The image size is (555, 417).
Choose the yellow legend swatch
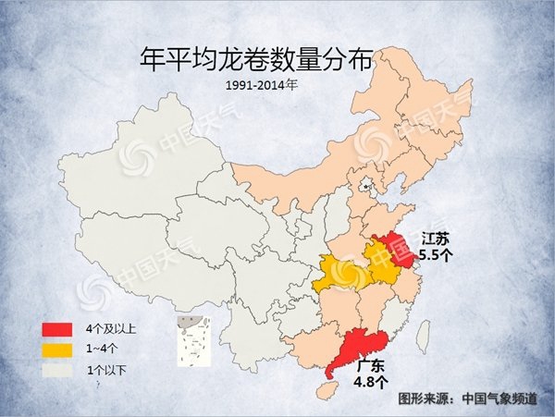56,350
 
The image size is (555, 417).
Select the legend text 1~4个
103,350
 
